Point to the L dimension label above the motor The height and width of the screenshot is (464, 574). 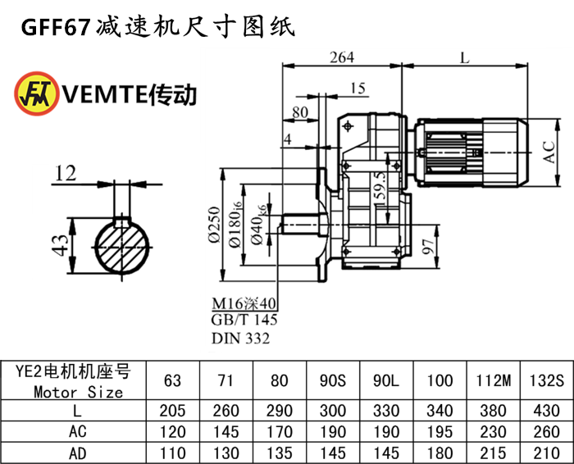click(x=465, y=57)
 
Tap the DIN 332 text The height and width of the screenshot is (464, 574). click(x=239, y=338)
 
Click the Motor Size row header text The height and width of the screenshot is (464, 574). click(x=79, y=392)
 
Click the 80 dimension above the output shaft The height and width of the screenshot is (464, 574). click(x=300, y=112)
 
